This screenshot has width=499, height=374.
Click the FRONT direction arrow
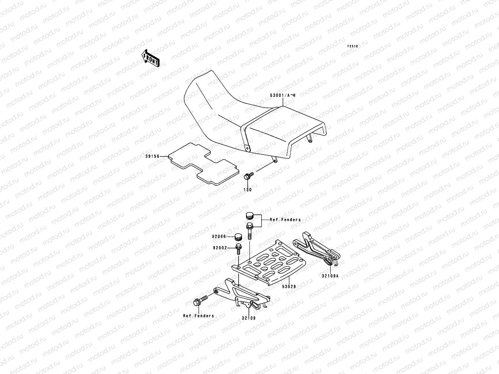(x=150, y=58)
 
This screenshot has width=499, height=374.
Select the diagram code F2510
(x=353, y=46)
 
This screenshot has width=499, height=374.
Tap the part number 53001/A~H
(x=283, y=95)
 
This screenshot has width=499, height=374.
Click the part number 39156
(x=152, y=156)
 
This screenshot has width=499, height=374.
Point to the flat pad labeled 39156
(x=203, y=164)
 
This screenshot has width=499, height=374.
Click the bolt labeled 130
(x=249, y=176)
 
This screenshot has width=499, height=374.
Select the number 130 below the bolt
(x=248, y=190)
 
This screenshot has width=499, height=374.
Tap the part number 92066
(x=219, y=237)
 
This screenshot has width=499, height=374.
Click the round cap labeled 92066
(x=238, y=237)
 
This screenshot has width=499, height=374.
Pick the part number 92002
(x=220, y=248)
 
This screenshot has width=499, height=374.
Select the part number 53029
(x=289, y=286)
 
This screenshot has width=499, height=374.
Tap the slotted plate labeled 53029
(x=269, y=262)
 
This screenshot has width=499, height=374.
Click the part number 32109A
(x=330, y=276)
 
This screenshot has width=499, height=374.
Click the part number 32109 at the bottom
(x=249, y=318)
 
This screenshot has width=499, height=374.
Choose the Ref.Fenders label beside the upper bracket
(x=285, y=220)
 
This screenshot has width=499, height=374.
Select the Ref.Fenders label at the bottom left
(x=198, y=316)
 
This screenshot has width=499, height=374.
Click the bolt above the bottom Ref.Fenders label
(x=200, y=300)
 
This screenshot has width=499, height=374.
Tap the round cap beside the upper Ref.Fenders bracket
(x=249, y=216)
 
